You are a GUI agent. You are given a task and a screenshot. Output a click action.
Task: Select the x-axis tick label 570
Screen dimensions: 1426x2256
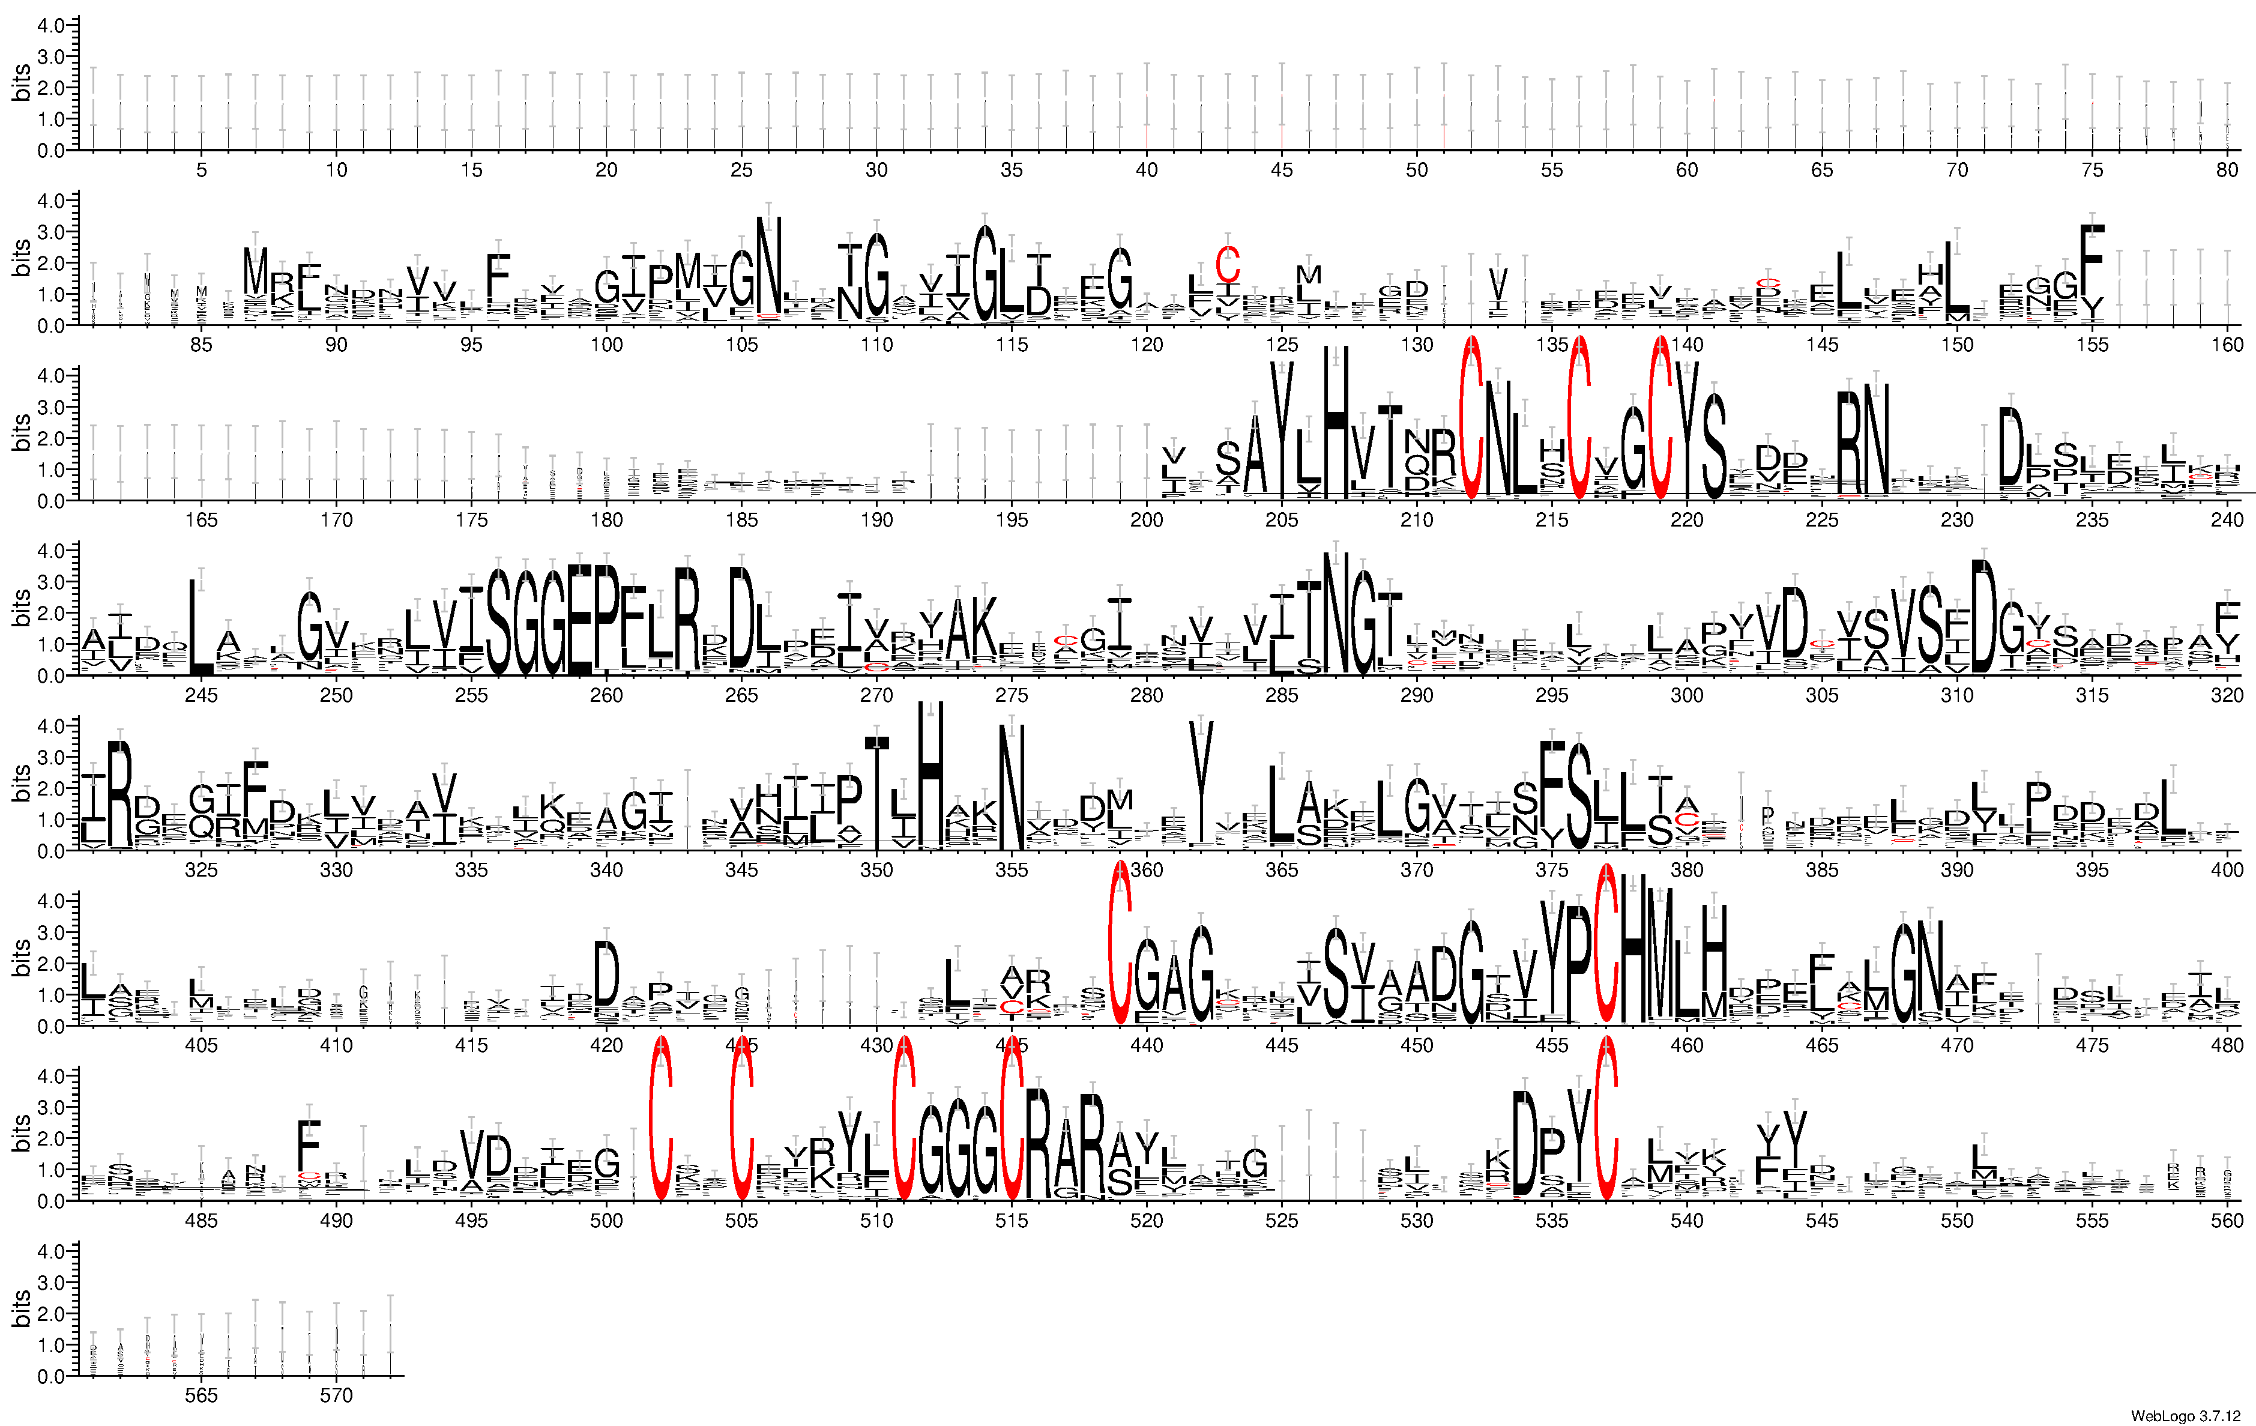336,1395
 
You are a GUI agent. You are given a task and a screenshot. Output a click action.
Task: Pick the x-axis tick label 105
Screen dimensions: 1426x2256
741,345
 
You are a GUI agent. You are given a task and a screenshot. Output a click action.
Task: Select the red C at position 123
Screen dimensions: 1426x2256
1227,264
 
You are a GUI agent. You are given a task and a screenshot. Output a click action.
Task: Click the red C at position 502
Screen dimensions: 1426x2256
660,1120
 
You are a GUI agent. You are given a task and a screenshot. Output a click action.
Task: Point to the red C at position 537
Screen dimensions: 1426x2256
1606,1120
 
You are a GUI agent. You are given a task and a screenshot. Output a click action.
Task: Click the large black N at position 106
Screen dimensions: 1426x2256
768,267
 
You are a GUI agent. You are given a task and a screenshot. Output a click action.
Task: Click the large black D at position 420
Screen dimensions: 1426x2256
606,974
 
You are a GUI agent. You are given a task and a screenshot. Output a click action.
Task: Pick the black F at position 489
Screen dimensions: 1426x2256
309,1145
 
